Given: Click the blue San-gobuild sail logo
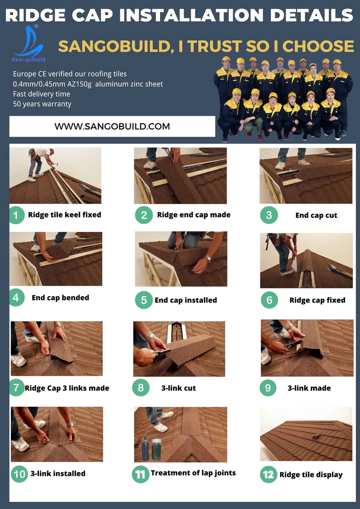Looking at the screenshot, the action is coord(29,43).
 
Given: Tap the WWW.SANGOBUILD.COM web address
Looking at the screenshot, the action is coord(112,126).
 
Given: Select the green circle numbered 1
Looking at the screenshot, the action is coord(16,215).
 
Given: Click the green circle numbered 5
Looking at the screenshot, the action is coord(144,300).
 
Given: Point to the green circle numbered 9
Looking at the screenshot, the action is coord(268,388).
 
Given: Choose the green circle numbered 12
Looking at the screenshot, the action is coord(268,475).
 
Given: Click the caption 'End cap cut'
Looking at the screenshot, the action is coord(316,215).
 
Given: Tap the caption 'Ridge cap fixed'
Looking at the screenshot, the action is coord(317,301).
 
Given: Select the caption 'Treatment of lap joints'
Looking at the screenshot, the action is coord(193,473).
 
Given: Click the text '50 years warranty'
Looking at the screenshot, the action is coord(42,104).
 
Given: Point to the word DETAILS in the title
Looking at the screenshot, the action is coord(311,15).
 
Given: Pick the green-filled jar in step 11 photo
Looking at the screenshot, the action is coord(156,450).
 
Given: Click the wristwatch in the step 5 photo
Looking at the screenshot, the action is coord(209,259).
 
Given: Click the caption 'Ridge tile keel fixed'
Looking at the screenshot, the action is coord(65,215).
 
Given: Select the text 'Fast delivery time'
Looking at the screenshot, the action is coord(41,94).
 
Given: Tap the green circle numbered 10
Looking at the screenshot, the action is coord(19,474).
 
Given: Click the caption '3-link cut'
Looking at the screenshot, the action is coord(178,388).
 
